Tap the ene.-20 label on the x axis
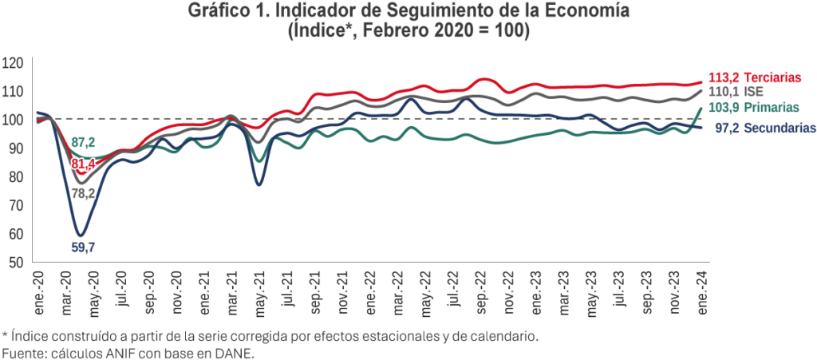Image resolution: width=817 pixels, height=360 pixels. point(37,288)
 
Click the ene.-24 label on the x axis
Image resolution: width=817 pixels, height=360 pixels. point(701,288)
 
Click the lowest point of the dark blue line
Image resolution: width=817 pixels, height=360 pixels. point(80,235)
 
